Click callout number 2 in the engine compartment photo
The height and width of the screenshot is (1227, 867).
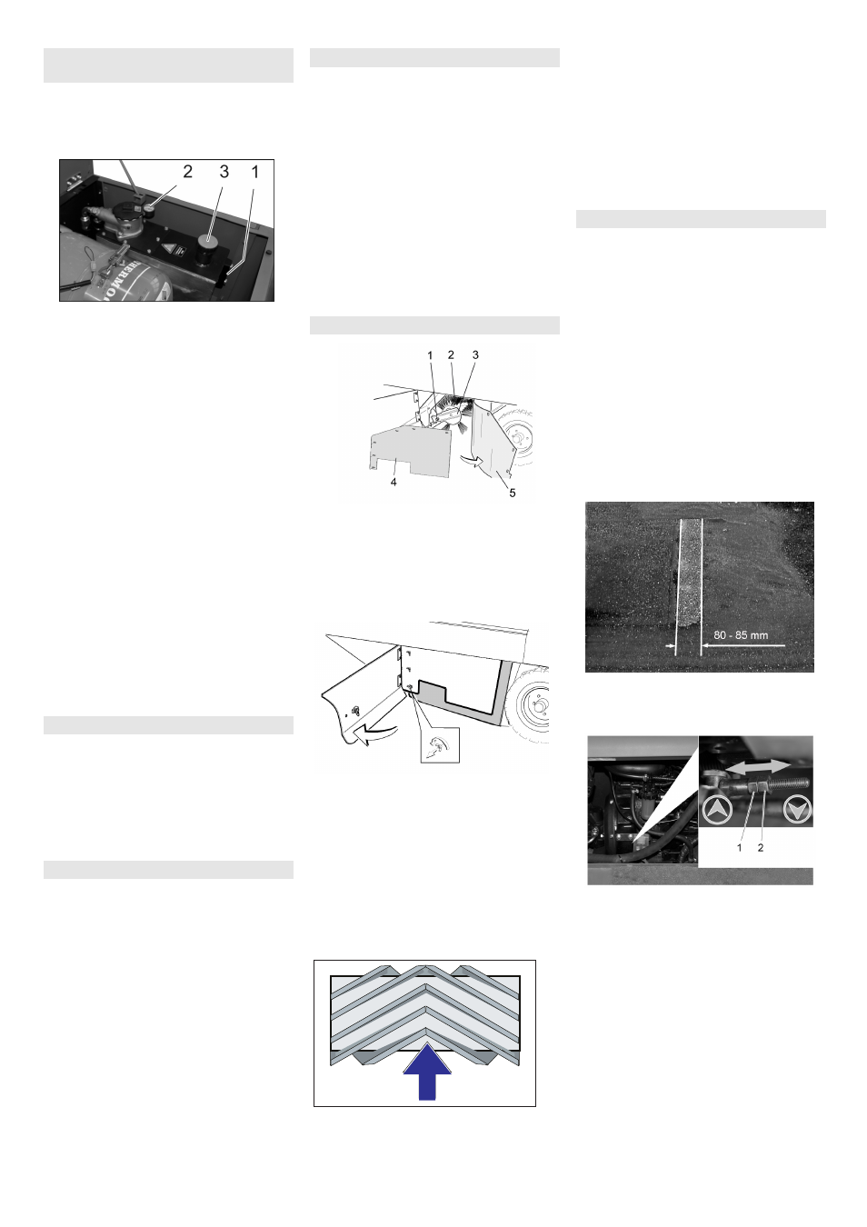point(188,172)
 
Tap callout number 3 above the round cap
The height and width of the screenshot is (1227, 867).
point(224,172)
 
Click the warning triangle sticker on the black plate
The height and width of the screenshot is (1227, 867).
point(168,247)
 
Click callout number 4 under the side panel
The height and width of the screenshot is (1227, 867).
point(394,482)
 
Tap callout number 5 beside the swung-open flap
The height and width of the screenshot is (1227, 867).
point(512,493)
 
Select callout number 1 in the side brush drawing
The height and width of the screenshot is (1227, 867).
point(430,355)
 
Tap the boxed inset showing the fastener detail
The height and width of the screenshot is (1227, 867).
point(440,744)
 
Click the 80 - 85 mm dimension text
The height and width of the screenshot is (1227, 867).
point(741,635)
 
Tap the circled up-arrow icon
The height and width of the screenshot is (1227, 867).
point(718,809)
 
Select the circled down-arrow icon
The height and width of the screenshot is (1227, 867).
point(797,809)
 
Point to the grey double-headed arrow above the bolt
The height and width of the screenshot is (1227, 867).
point(758,766)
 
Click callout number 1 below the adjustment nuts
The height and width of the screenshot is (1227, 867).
point(739,848)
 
